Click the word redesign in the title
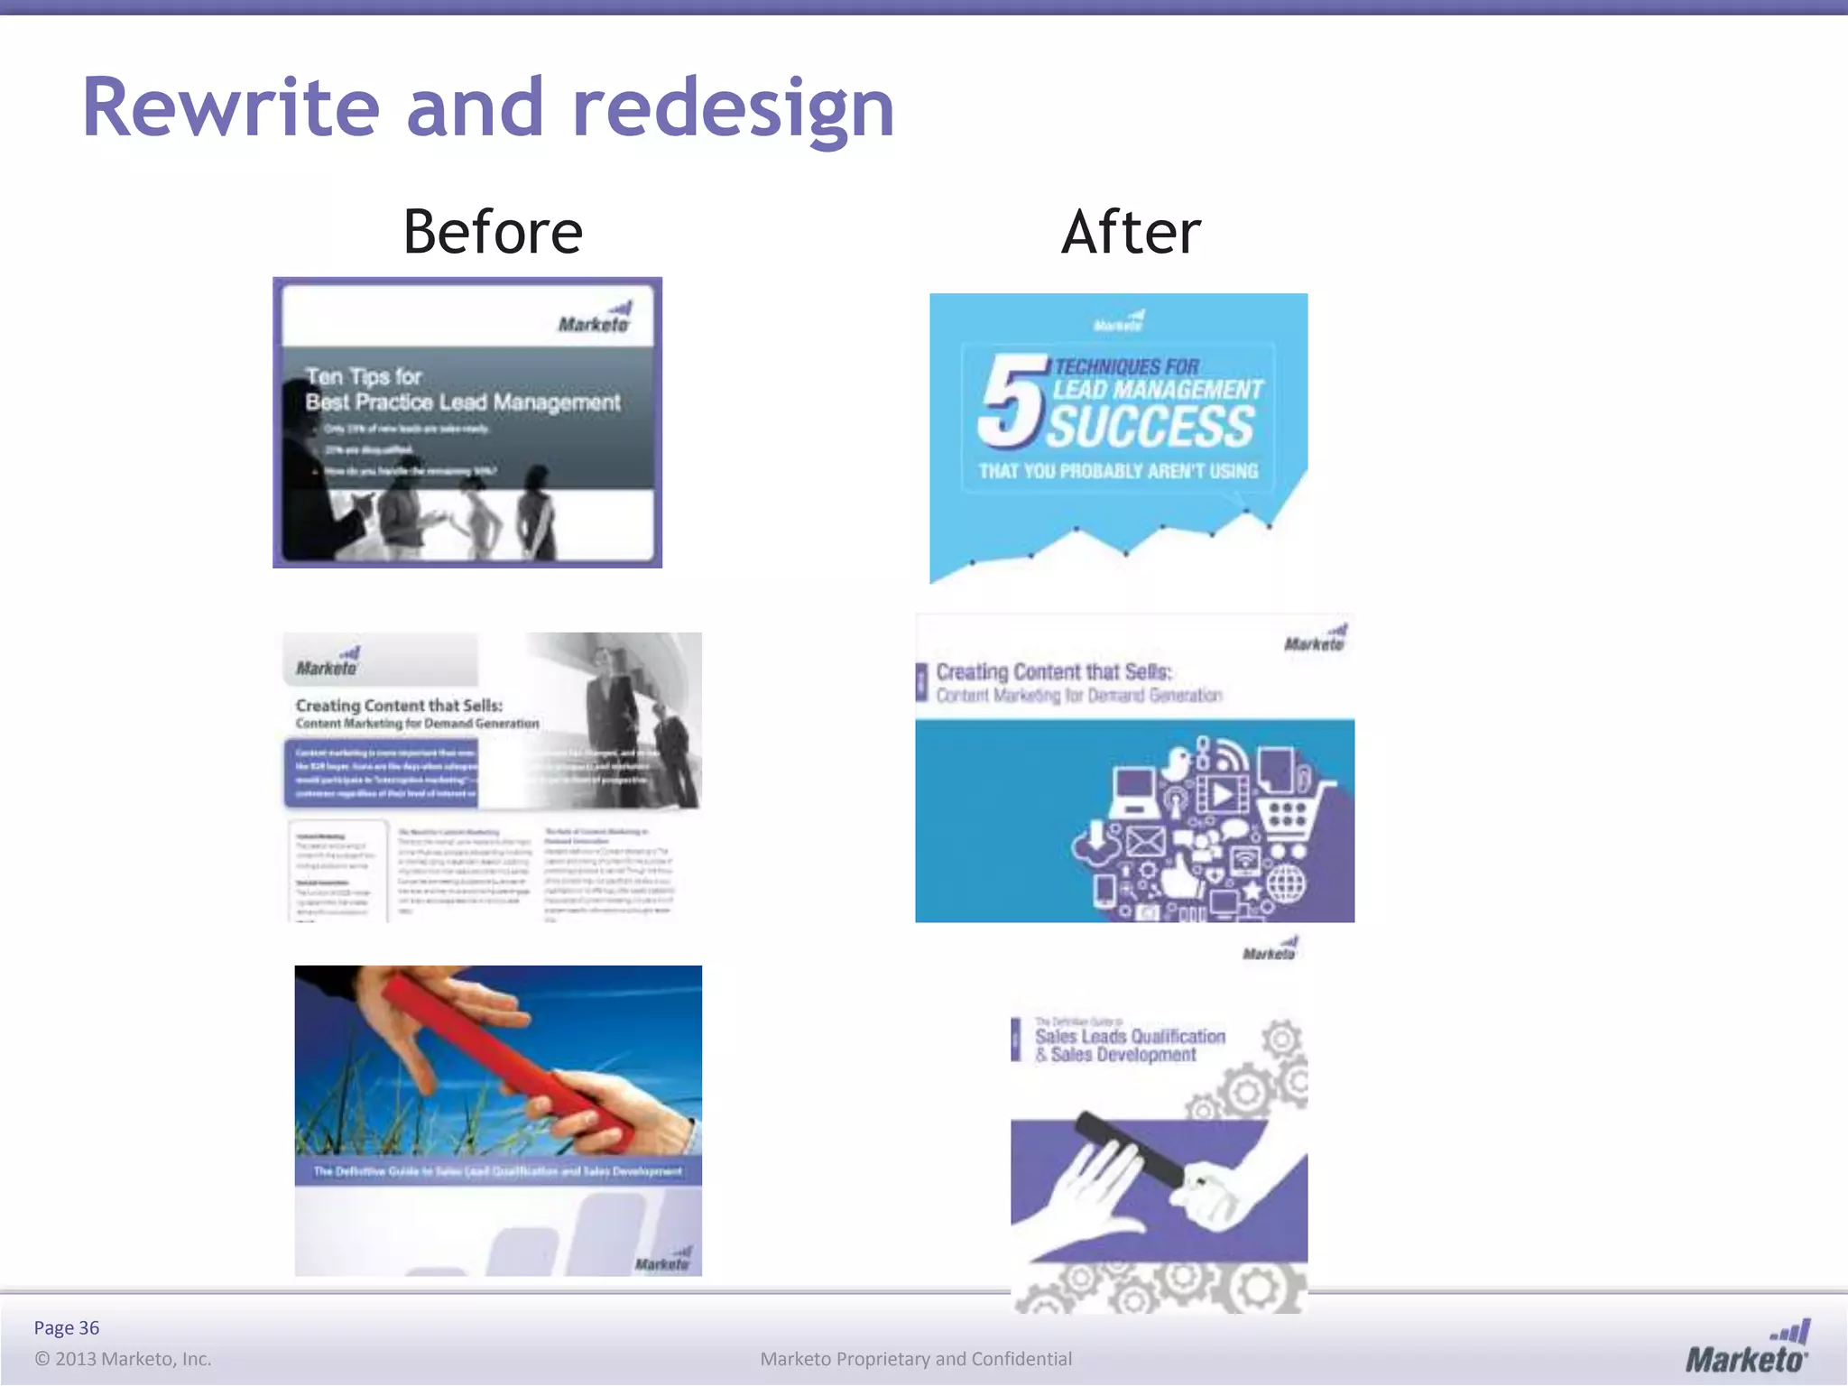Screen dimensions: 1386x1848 coord(733,110)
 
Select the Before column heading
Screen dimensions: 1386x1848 coord(493,232)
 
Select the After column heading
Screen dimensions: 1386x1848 coord(1131,232)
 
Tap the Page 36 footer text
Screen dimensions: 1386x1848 coord(67,1327)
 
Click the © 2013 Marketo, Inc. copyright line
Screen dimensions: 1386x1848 coord(123,1359)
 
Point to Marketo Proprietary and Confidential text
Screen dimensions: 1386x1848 coord(916,1359)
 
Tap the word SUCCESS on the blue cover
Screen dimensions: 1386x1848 coord(1150,427)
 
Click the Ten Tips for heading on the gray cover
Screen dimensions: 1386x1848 coord(363,376)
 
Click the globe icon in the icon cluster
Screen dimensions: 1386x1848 coord(1286,883)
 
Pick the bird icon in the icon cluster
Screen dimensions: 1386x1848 coord(1177,764)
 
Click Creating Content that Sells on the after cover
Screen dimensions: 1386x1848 coord(1053,672)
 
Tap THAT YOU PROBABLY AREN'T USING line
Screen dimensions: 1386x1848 coord(1118,471)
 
